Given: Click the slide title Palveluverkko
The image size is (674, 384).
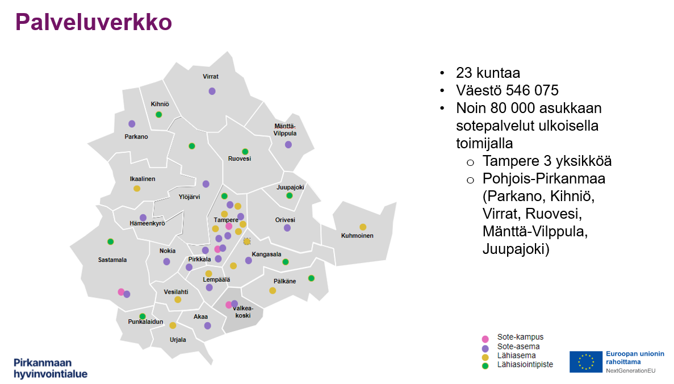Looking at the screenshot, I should [93, 23].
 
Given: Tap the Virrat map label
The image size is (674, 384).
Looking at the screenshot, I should [211, 76].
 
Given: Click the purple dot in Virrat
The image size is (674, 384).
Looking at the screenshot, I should [212, 91].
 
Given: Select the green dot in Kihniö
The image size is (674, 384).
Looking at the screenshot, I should [159, 115].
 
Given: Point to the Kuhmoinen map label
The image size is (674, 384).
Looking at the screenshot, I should [357, 236].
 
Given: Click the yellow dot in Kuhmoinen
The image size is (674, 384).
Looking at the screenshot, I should [363, 227].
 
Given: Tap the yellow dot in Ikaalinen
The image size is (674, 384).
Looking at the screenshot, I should [137, 189].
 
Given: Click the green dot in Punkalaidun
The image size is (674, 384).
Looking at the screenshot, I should [143, 316].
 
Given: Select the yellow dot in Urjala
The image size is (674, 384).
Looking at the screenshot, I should [173, 325].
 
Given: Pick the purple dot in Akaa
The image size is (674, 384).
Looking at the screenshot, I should [207, 325].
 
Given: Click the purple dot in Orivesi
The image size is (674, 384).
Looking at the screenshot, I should [287, 228].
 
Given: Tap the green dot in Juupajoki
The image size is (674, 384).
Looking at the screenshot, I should [289, 196].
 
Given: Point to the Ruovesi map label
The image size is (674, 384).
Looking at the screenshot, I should [239, 159].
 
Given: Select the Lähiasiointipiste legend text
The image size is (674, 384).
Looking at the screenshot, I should [525, 364].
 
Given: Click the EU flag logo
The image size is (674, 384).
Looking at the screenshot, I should [586, 362].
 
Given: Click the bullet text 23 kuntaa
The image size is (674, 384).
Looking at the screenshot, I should [488, 73].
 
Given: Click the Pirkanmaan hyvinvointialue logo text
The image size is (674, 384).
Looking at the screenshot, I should [51, 368].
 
